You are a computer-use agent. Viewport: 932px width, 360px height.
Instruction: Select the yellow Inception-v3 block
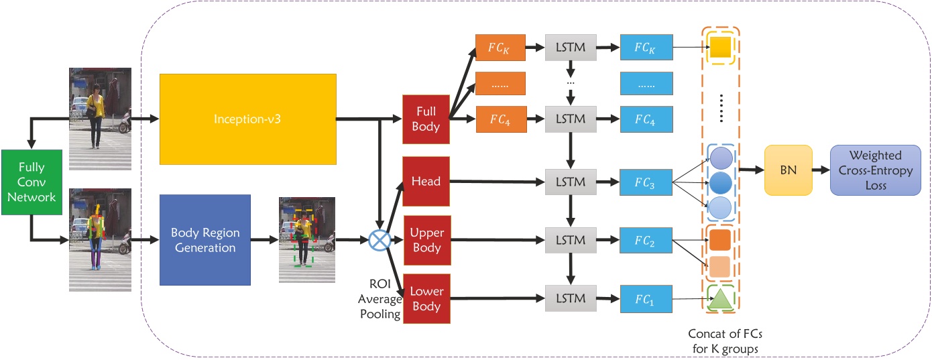(x=247, y=119)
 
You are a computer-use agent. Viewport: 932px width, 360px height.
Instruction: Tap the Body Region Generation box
(x=205, y=240)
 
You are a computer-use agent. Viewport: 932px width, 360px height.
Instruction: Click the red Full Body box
(x=426, y=119)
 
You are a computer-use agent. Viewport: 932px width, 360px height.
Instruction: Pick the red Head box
(x=426, y=182)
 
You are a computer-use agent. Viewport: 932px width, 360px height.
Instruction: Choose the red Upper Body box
(x=426, y=240)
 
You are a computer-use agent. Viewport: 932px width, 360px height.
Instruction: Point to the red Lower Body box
(x=426, y=299)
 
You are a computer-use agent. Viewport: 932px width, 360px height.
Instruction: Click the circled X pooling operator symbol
(x=380, y=240)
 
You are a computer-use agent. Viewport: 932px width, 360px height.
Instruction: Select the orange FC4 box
(x=500, y=119)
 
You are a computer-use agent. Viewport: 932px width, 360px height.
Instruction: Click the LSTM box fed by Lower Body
(x=571, y=299)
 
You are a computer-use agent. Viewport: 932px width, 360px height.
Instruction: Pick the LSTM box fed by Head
(x=571, y=182)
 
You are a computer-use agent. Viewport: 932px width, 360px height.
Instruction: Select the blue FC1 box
(x=646, y=299)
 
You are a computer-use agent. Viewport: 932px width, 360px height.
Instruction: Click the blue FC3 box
(x=646, y=182)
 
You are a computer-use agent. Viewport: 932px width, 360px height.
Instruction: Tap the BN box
(x=789, y=170)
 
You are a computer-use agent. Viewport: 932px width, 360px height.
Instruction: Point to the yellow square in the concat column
(x=719, y=47)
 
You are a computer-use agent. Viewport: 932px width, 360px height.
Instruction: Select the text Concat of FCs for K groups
(x=721, y=340)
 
